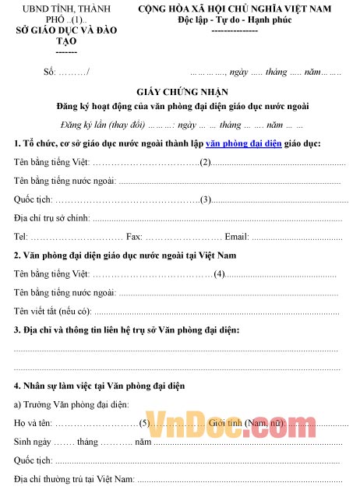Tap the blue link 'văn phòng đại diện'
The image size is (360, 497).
click(244, 143)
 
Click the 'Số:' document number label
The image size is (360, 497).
click(51, 72)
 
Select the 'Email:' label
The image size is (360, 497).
click(236, 236)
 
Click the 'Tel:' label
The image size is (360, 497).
click(22, 236)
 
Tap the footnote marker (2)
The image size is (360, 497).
click(206, 162)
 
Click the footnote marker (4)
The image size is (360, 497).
click(220, 274)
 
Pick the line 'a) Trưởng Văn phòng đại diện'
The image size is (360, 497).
click(72, 404)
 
